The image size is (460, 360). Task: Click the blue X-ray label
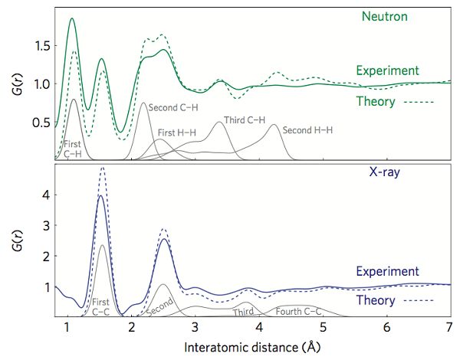pos(387,173)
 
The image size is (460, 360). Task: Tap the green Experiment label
pos(387,70)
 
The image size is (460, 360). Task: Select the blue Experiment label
pos(387,272)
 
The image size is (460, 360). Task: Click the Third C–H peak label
pos(244,119)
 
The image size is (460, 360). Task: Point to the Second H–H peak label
pos(307,130)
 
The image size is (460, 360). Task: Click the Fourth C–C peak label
pos(298,310)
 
